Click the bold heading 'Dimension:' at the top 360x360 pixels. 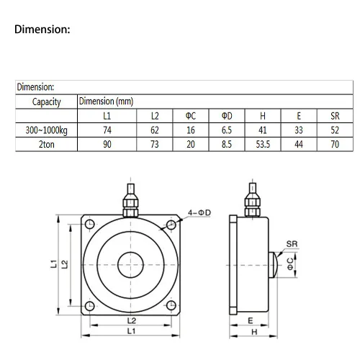pyautogui.click(x=42, y=30)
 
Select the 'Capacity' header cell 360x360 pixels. pyautogui.click(x=46, y=102)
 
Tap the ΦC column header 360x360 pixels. pyautogui.click(x=191, y=116)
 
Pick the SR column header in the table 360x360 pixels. pyautogui.click(x=335, y=116)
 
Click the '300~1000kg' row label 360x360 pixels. pyautogui.click(x=46, y=130)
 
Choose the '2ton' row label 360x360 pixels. pyautogui.click(x=47, y=145)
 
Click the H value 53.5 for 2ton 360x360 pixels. pyautogui.click(x=263, y=145)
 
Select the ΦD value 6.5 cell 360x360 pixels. pyautogui.click(x=227, y=130)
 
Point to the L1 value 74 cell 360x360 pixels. pyautogui.click(x=107, y=130)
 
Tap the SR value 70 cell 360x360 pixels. pyautogui.click(x=335, y=145)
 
